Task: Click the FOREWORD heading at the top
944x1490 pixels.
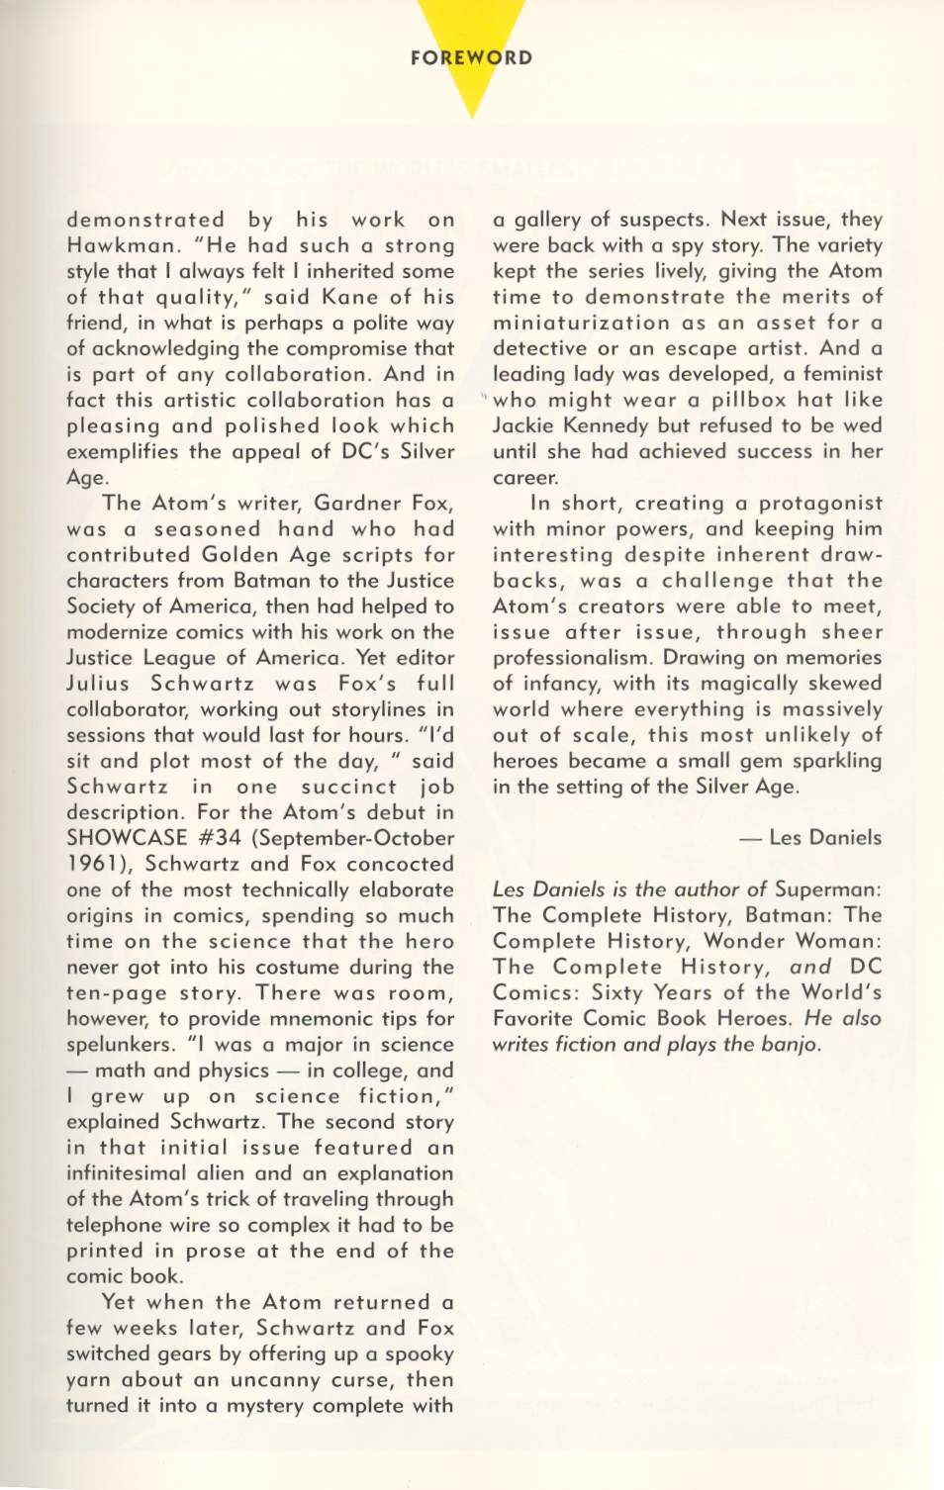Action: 471,57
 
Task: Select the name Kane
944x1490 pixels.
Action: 345,297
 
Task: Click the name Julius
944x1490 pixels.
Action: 97,683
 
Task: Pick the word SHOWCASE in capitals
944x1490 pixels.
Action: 126,838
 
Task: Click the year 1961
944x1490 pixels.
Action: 92,864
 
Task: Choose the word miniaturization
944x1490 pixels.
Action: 582,323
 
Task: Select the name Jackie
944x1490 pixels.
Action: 525,425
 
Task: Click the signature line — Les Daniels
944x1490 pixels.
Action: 809,837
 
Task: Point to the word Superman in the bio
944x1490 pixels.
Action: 827,888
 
